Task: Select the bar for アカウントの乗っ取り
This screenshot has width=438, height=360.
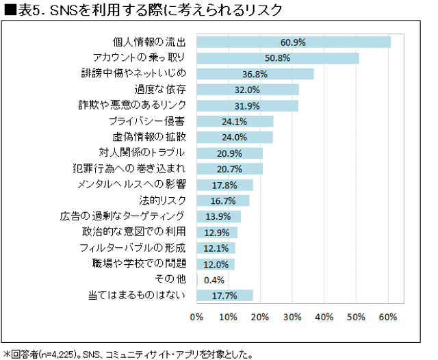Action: point(277,58)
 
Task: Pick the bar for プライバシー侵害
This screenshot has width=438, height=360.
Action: point(235,121)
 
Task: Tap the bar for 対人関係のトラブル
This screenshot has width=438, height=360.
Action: point(229,153)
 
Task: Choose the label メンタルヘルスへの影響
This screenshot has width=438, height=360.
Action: point(133,185)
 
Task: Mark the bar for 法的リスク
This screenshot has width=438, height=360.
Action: point(222,201)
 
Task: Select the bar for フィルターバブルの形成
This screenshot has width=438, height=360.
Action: point(216,248)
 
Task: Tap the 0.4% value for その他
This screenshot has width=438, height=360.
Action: point(214,280)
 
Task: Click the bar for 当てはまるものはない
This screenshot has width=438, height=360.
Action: point(224,296)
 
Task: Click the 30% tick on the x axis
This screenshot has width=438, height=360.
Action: point(293,317)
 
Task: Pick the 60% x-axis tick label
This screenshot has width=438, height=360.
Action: point(388,317)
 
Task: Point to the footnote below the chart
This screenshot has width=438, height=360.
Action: point(129,354)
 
